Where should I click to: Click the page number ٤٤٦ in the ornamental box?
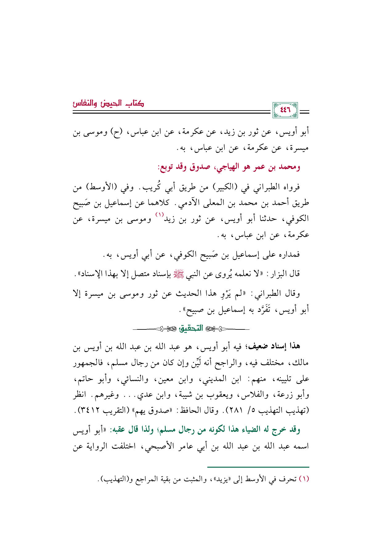tap(285, 110)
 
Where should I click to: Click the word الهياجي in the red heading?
tap(227, 167)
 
